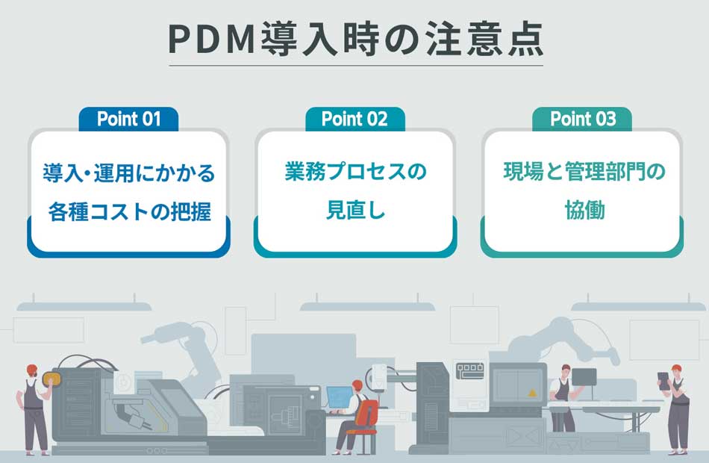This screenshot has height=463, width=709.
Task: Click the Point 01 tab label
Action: (128, 119)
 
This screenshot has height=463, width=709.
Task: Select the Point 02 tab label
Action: (354, 119)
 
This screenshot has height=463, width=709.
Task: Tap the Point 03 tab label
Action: (582, 119)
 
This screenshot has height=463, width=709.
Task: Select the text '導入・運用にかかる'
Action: (129, 174)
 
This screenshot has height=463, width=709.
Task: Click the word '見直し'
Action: (355, 211)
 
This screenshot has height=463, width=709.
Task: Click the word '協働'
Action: (583, 211)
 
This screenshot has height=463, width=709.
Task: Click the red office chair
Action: (366, 418)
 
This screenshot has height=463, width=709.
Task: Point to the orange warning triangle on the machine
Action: (532, 392)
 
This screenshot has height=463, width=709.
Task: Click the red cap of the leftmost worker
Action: (32, 368)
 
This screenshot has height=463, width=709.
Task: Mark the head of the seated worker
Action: (357, 387)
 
